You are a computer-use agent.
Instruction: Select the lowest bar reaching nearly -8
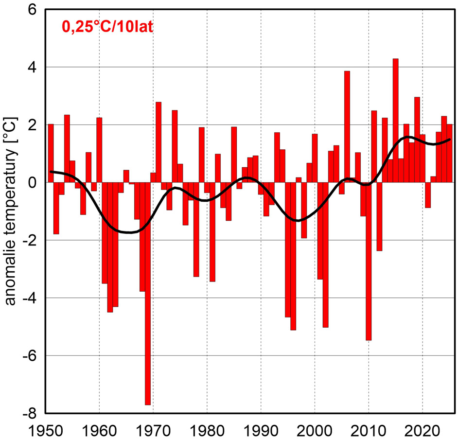[x=147, y=294]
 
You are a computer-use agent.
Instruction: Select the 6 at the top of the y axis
[x=32, y=10]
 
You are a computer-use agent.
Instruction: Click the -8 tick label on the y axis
[x=29, y=413]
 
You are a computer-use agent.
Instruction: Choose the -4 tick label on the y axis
[x=29, y=298]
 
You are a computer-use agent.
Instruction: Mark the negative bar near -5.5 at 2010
[x=369, y=262]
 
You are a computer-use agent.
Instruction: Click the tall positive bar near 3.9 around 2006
[x=347, y=126]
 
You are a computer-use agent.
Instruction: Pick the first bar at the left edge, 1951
[x=51, y=153]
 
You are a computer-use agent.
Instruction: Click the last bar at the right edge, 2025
[x=450, y=153]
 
